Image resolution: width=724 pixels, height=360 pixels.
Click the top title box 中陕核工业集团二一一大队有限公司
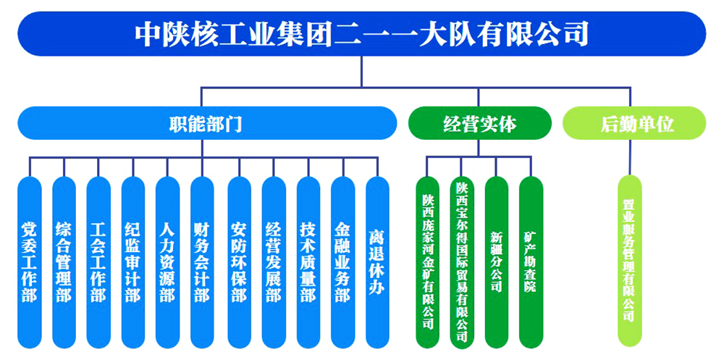(x=361, y=34)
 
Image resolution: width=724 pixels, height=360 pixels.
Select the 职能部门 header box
(x=207, y=123)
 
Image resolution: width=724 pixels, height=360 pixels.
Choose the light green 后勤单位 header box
(x=634, y=123)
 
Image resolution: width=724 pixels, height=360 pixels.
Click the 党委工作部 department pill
(x=30, y=262)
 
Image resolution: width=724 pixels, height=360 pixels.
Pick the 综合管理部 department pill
(x=64, y=262)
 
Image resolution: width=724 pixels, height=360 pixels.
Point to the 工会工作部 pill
(x=98, y=262)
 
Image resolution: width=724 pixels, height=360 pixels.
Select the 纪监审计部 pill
(x=133, y=262)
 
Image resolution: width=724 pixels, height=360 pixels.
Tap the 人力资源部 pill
(x=167, y=262)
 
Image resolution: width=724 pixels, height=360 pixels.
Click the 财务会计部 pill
(x=202, y=262)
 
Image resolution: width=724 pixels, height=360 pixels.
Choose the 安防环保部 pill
(x=239, y=262)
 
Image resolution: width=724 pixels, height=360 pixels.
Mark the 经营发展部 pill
(x=274, y=262)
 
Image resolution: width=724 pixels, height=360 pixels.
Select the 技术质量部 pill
(x=308, y=262)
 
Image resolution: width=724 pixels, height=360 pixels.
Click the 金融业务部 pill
(x=343, y=262)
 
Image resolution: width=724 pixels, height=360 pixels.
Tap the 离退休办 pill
(x=377, y=262)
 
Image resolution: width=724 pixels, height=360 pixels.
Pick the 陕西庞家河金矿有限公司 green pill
(x=428, y=262)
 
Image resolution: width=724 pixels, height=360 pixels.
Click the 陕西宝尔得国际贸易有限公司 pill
(x=462, y=262)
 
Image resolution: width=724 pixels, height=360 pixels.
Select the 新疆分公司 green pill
(x=497, y=262)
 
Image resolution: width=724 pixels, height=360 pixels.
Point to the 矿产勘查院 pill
(x=531, y=262)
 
